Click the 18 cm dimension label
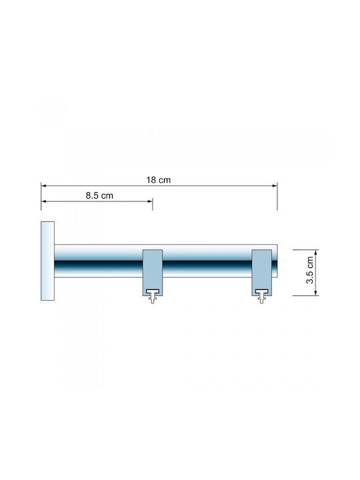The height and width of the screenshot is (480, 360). tap(158, 180)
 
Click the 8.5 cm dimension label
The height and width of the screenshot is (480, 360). tap(99, 195)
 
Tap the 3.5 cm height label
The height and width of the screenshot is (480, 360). tap(310, 270)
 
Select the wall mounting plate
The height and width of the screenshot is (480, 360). tap(48, 261)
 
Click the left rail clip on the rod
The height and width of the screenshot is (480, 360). tap(153, 273)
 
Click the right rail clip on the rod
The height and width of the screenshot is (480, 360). tap(262, 273)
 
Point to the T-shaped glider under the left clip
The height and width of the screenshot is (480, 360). tap(153, 296)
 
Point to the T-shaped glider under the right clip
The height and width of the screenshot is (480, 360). tap(262, 296)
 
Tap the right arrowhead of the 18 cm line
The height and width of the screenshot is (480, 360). tap(275, 185)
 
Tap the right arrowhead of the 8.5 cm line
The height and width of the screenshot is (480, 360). tap(150, 201)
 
